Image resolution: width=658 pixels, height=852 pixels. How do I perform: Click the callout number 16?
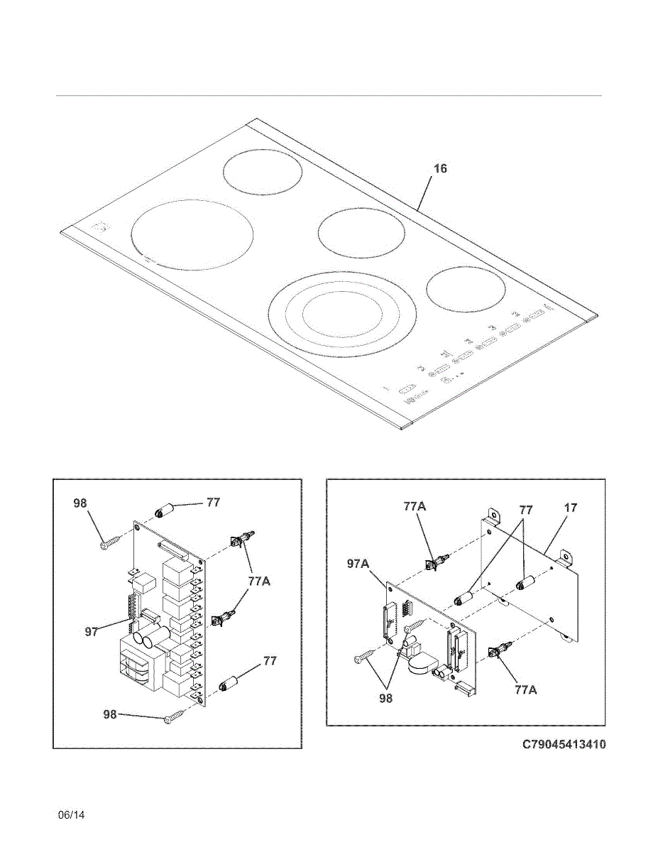[x=440, y=169]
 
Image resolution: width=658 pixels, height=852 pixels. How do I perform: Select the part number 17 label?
[x=570, y=508]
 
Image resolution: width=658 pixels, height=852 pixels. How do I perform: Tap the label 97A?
[x=358, y=564]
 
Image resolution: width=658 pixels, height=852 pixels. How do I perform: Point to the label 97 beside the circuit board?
[x=92, y=631]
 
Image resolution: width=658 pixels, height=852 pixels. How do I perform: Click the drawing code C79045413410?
[x=564, y=745]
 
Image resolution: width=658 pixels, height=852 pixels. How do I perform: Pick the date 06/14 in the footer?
[x=71, y=815]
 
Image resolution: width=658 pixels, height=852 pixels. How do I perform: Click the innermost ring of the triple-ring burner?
[x=344, y=312]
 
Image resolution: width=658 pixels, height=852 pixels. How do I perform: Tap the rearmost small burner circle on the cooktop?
[x=262, y=172]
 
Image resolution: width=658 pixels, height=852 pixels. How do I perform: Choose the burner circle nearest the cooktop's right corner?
[x=466, y=290]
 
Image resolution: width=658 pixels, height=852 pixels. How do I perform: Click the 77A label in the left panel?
[x=258, y=581]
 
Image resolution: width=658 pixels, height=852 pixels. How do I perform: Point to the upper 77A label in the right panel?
[x=415, y=506]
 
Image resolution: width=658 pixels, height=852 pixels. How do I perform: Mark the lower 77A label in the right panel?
[x=526, y=689]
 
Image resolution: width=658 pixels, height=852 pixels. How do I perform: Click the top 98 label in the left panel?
[x=80, y=503]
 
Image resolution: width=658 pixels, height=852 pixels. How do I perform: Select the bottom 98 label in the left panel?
[x=109, y=714]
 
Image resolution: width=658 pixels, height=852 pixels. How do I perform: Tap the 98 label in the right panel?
[x=385, y=698]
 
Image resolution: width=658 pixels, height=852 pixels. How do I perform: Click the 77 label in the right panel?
[x=525, y=510]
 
